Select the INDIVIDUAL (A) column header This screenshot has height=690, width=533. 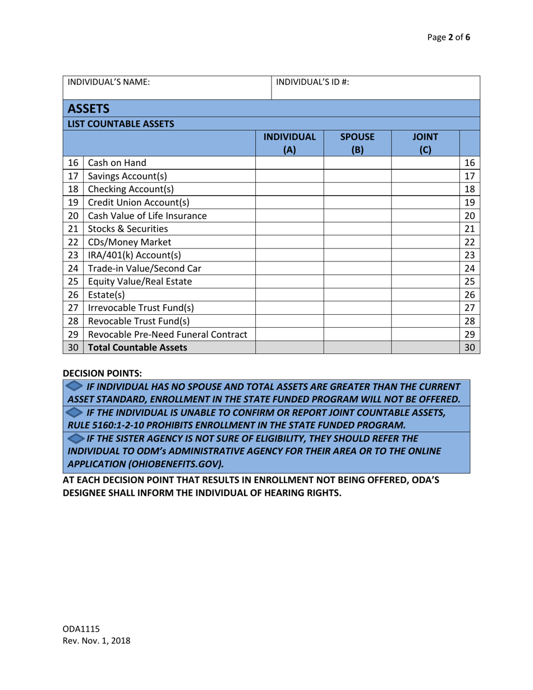(290, 143)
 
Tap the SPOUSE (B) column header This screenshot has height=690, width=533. (357, 143)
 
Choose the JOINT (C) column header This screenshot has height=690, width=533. (425, 143)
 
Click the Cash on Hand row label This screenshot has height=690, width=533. (117, 163)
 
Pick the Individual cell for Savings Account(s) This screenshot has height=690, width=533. (290, 176)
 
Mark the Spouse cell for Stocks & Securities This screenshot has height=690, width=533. (357, 228)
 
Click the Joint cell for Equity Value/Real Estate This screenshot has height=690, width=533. (425, 282)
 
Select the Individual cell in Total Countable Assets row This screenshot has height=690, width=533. (290, 348)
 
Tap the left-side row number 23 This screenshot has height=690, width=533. (73, 255)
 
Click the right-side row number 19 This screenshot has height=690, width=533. (470, 203)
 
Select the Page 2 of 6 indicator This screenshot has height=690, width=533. (449, 38)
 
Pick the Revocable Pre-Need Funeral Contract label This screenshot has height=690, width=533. (168, 335)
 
